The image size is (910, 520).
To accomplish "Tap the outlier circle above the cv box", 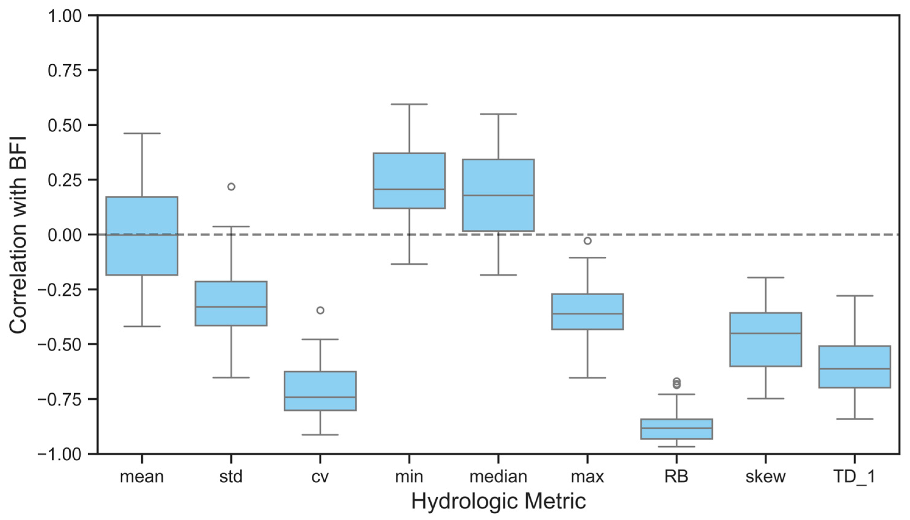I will pyautogui.click(x=320, y=310).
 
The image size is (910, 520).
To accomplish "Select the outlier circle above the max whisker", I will pyautogui.click(x=587, y=241).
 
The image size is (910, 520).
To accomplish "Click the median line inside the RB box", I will pyautogui.click(x=676, y=428).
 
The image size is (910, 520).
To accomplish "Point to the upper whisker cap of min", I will pyautogui.click(x=409, y=104).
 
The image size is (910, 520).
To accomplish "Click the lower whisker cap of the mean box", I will pyautogui.click(x=142, y=326).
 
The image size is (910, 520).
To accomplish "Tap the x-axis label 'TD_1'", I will pyautogui.click(x=854, y=477).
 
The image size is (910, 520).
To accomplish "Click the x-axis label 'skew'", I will pyautogui.click(x=765, y=477).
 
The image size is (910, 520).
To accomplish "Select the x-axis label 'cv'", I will pyautogui.click(x=320, y=477).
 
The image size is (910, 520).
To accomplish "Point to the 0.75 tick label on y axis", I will pyautogui.click(x=65, y=70).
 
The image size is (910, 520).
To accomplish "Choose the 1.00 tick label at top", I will pyautogui.click(x=65, y=16).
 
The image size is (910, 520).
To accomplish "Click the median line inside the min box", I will pyautogui.click(x=409, y=189).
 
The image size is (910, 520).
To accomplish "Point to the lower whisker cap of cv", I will pyautogui.click(x=320, y=435).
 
